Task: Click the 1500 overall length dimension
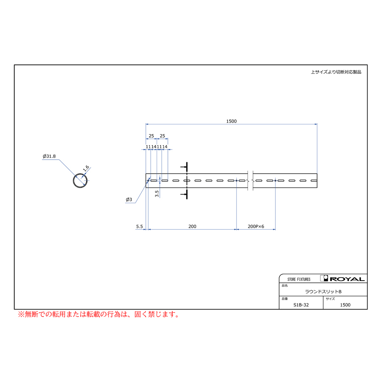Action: [x=231, y=121]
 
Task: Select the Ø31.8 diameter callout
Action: [x=49, y=156]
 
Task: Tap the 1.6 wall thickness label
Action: [x=86, y=169]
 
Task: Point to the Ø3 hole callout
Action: [x=129, y=199]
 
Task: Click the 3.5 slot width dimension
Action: [x=157, y=194]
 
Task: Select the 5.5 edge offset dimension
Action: [x=139, y=226]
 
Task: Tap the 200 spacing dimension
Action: [x=192, y=226]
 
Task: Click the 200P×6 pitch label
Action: [x=256, y=226]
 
